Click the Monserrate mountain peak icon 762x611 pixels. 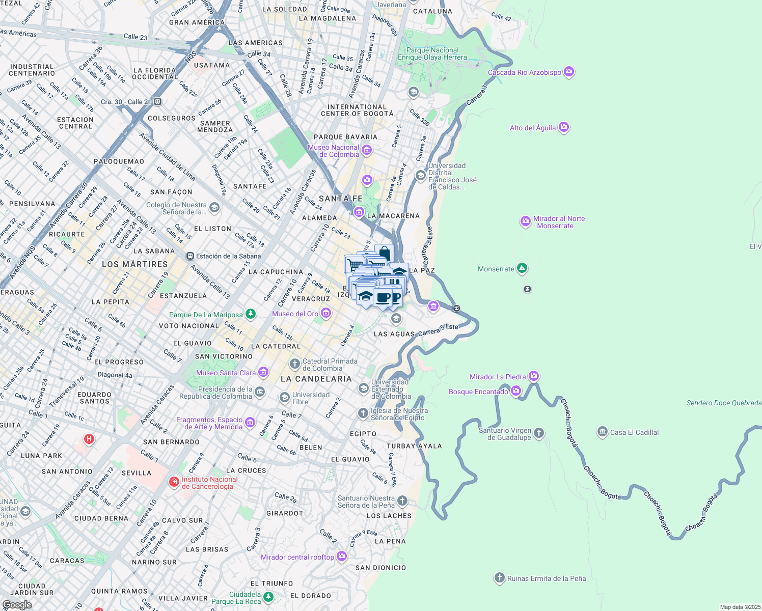tap(522, 268)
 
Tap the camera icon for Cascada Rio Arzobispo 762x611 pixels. tap(569, 72)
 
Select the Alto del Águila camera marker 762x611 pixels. tap(563, 127)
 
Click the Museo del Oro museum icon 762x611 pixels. tap(326, 314)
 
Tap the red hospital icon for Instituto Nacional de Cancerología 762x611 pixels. tap(174, 482)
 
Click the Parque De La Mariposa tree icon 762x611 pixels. tap(250, 314)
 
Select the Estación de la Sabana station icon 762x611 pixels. tap(190, 256)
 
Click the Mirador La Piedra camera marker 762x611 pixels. tap(533, 376)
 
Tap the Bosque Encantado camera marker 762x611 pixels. tap(515, 391)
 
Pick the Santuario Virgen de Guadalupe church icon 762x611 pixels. tap(539, 433)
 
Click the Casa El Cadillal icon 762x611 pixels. tap(602, 432)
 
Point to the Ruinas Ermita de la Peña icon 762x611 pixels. tap(499, 578)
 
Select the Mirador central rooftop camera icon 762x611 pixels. tap(342, 557)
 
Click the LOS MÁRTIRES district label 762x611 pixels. tap(134, 264)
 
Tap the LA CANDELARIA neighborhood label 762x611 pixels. tap(316, 379)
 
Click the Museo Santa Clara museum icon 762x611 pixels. tap(263, 372)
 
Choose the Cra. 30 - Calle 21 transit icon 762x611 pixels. tap(158, 102)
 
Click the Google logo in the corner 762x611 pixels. tap(17, 604)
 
